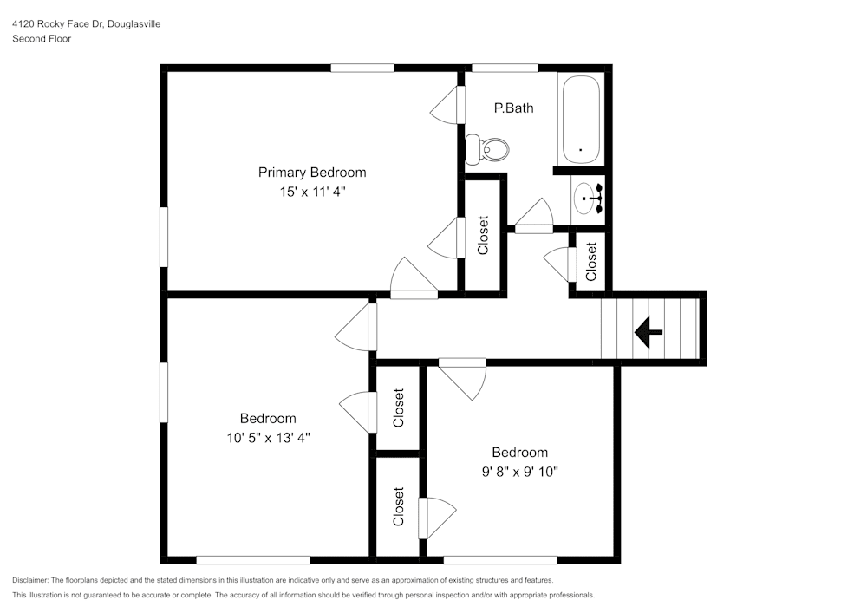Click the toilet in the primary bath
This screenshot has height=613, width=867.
(486, 149)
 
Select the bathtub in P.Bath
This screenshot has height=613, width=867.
(581, 120)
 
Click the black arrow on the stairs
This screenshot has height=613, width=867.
(649, 331)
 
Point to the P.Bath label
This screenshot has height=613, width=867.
(513, 108)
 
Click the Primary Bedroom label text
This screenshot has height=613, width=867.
(312, 173)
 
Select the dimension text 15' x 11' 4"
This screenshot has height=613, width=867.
(312, 192)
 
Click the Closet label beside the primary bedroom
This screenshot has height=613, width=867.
(483, 235)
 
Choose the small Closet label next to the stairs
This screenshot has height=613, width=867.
(591, 262)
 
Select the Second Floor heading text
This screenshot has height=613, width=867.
(42, 39)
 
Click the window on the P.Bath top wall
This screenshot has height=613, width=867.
(505, 67)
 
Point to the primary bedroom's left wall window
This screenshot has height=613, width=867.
(163, 236)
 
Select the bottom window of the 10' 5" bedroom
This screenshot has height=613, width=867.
(253, 560)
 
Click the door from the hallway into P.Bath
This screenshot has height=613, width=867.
(535, 217)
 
